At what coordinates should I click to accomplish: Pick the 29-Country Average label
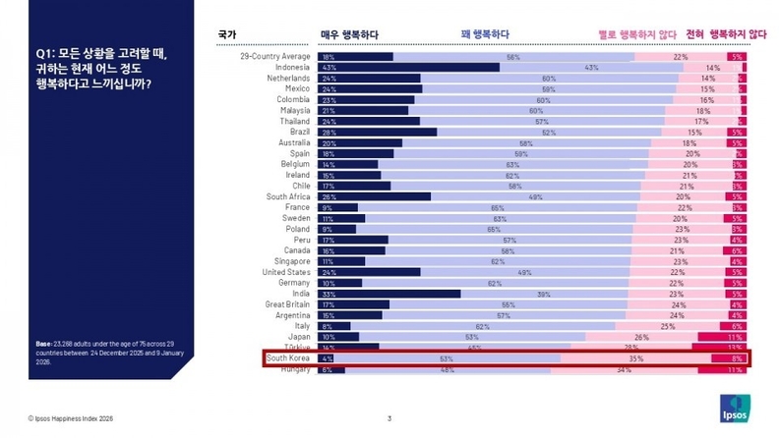276,56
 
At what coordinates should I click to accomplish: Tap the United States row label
287,272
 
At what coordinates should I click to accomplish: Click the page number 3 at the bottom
389,419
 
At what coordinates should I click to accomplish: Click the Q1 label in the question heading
43,54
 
